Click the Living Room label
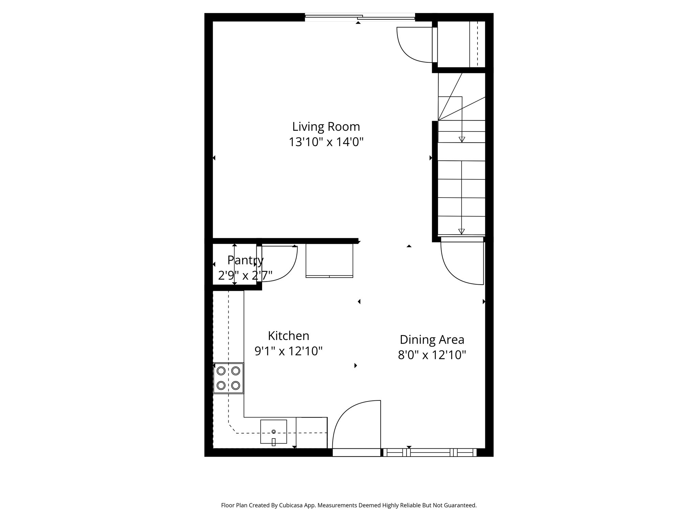point(326,127)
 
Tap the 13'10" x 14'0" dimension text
point(326,142)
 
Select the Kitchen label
point(288,336)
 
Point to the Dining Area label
point(432,339)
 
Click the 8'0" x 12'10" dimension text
point(432,355)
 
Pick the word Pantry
point(245,260)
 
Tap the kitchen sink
point(273,431)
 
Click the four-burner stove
point(228,378)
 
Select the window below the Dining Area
point(429,453)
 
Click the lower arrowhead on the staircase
point(461,232)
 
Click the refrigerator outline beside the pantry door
point(329,260)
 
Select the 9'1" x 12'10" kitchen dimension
point(288,351)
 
